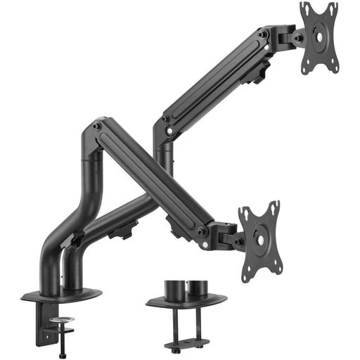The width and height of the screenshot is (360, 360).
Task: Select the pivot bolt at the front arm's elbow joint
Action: point(96,127)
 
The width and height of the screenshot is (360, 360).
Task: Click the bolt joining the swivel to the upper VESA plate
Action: point(299,37)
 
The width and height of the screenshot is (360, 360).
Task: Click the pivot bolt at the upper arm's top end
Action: point(262,34)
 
